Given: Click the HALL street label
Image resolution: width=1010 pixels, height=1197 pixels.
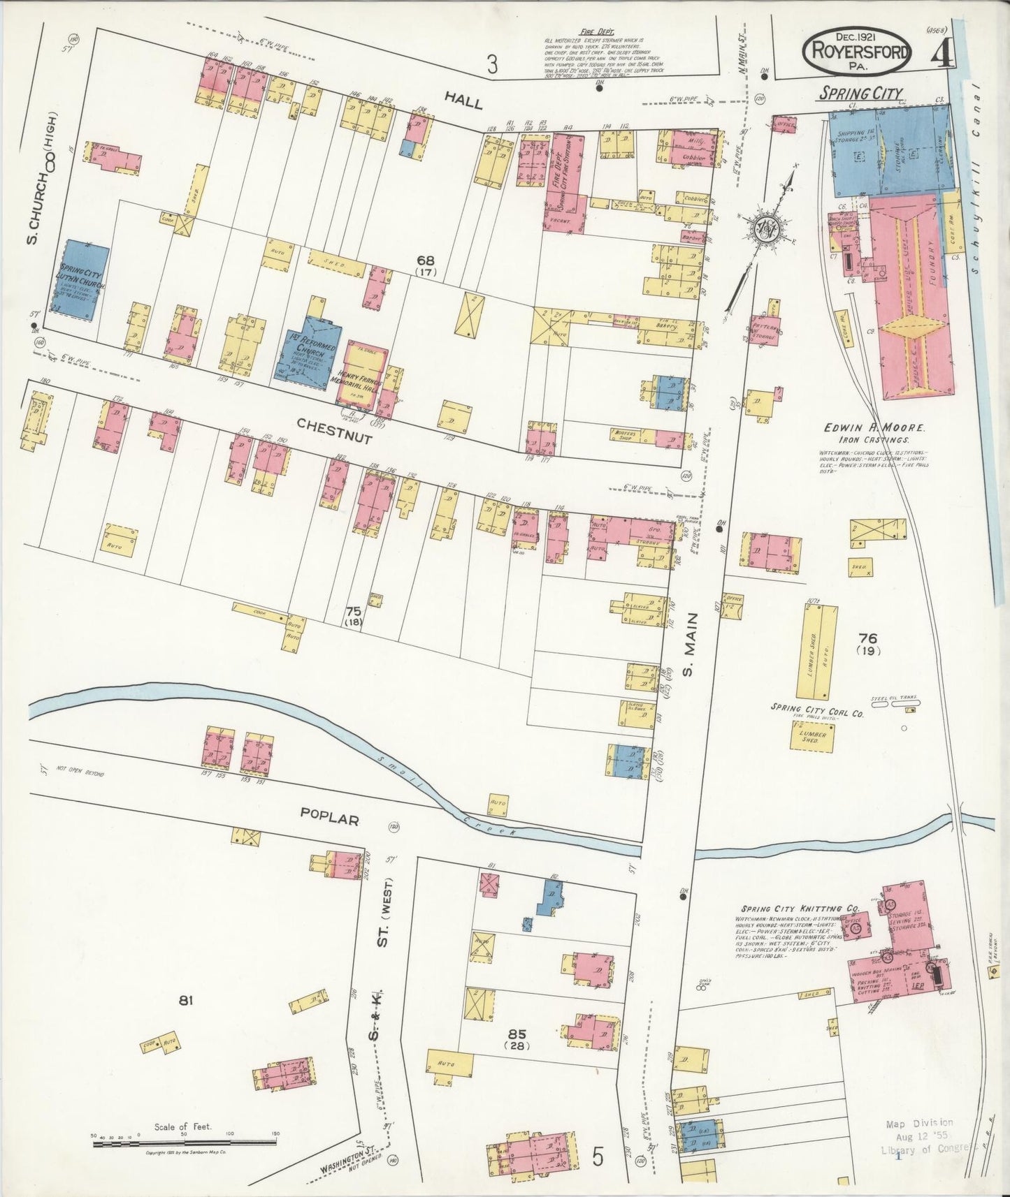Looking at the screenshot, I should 463,103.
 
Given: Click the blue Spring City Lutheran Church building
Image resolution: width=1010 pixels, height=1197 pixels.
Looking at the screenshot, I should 82,281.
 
